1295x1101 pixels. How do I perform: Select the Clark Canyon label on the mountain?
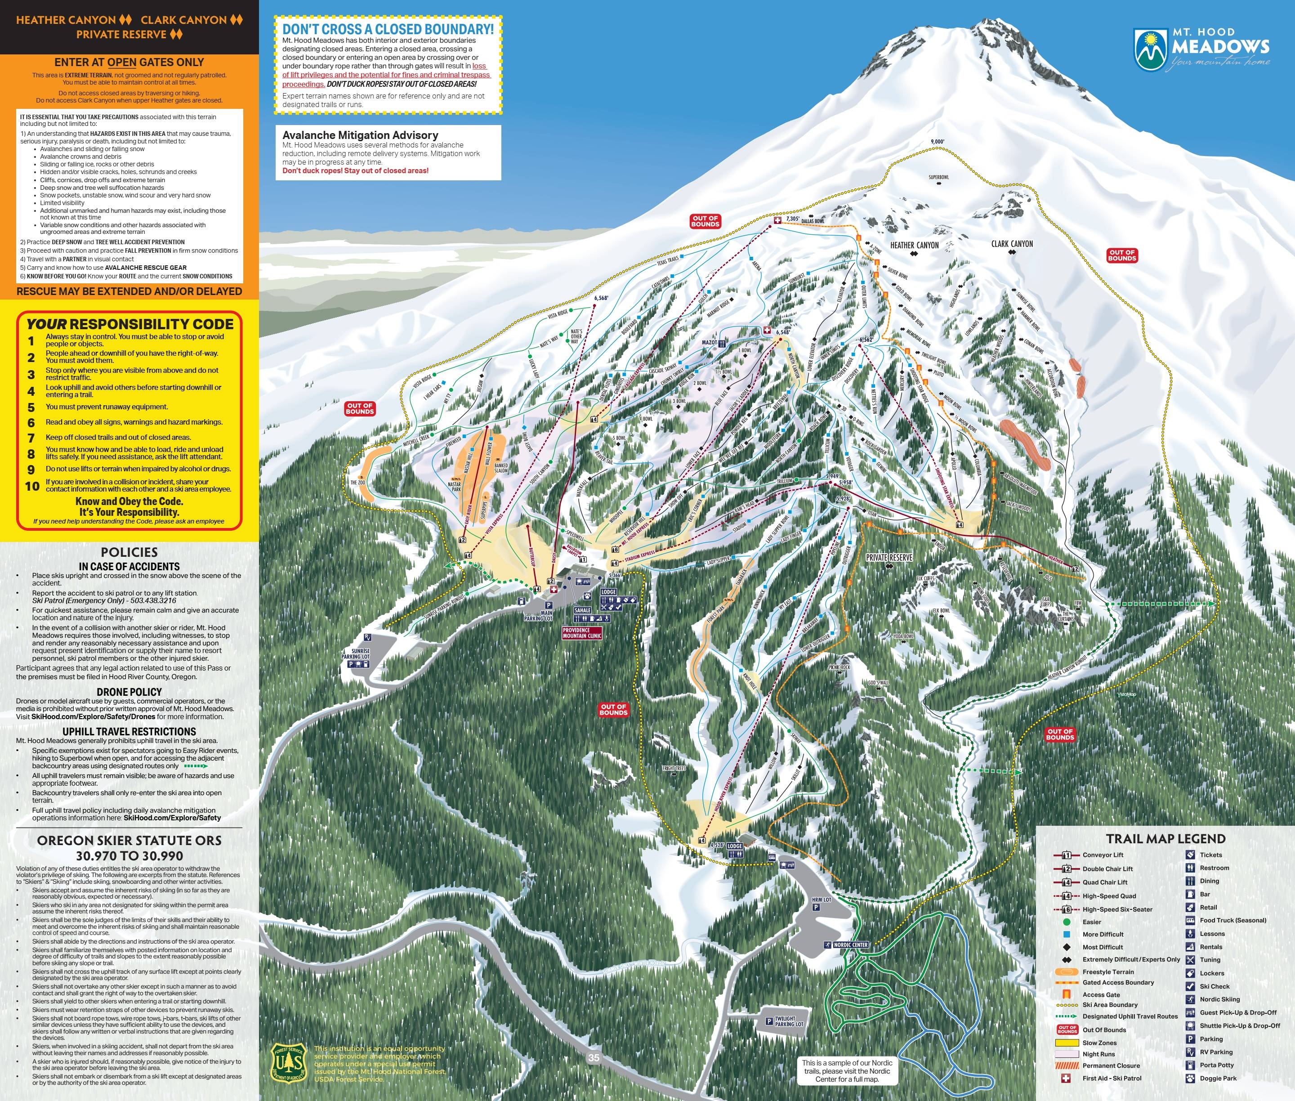(1012, 244)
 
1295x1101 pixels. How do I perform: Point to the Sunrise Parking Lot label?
(356, 653)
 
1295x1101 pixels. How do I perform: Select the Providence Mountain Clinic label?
(582, 633)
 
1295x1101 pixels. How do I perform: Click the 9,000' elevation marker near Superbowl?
(938, 142)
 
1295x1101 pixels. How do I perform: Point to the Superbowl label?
(938, 177)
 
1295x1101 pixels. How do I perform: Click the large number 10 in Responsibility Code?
(32, 486)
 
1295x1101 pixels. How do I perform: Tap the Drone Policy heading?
(129, 692)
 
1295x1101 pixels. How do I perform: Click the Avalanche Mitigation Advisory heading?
(360, 135)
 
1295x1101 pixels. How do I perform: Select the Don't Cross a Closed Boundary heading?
(388, 29)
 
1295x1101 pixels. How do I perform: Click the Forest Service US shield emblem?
(289, 1062)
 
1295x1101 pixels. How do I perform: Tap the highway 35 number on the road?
(593, 1057)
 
